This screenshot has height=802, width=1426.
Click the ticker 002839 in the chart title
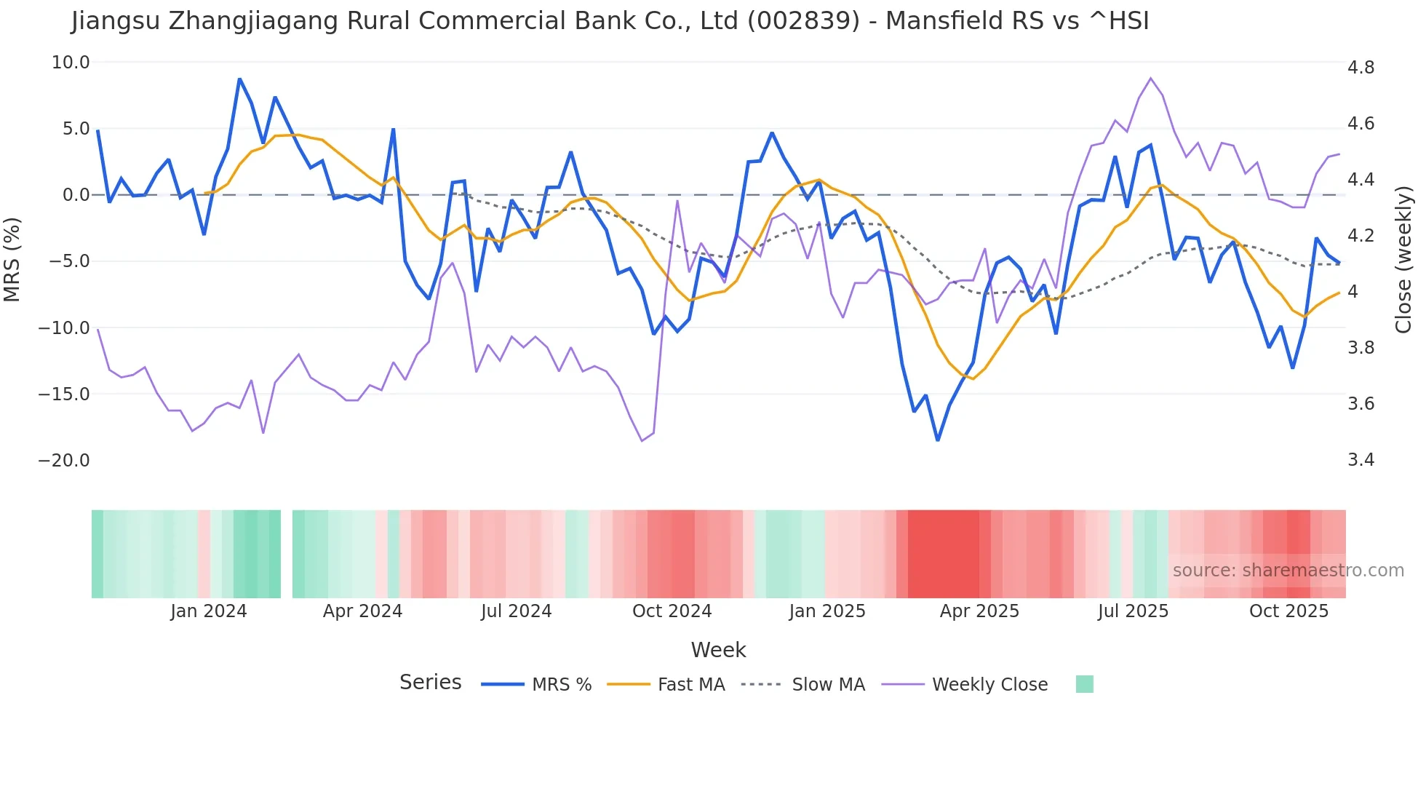click(x=804, y=21)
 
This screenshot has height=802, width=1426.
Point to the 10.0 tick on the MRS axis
click(x=71, y=63)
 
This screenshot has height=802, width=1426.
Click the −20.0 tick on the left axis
click(x=64, y=461)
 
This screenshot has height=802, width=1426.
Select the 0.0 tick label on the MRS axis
click(x=76, y=195)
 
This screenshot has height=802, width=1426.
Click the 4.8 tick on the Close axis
click(x=1361, y=68)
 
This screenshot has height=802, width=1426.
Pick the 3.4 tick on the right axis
click(x=1361, y=460)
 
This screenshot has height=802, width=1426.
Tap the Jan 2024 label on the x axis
click(x=209, y=611)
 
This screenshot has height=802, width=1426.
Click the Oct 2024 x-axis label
click(x=672, y=611)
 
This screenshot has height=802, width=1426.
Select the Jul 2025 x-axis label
click(x=1133, y=611)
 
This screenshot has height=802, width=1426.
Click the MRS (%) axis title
click(x=12, y=260)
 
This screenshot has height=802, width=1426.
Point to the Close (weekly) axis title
click(x=1403, y=260)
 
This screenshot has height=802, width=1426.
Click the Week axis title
click(x=718, y=650)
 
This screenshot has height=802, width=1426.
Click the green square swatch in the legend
click(x=1084, y=684)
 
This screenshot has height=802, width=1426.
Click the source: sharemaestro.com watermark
click(x=1288, y=571)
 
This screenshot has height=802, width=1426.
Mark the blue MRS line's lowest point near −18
click(x=938, y=440)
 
